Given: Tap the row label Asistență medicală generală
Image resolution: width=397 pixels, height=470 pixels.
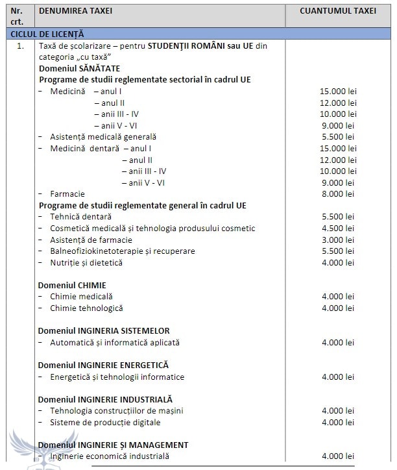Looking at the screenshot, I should (x=102, y=137).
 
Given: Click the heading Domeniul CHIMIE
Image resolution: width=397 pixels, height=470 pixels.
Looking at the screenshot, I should (x=72, y=285).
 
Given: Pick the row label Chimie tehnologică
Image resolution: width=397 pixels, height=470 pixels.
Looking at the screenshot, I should (x=86, y=308).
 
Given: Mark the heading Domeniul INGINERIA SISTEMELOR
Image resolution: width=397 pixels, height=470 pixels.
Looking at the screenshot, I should (x=104, y=330).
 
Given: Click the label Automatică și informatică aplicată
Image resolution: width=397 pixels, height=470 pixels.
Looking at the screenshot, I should (x=115, y=342).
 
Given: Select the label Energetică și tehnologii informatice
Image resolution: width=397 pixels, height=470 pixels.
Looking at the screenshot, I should (x=117, y=377).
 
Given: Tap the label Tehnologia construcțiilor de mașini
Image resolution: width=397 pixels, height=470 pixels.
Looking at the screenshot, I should (x=117, y=410).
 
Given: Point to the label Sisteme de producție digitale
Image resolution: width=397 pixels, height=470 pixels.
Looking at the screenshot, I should (x=105, y=422).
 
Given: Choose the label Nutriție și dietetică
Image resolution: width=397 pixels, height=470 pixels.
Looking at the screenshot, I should (x=86, y=262).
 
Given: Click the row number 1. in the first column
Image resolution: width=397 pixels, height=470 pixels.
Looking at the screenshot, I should (x=21, y=45).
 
